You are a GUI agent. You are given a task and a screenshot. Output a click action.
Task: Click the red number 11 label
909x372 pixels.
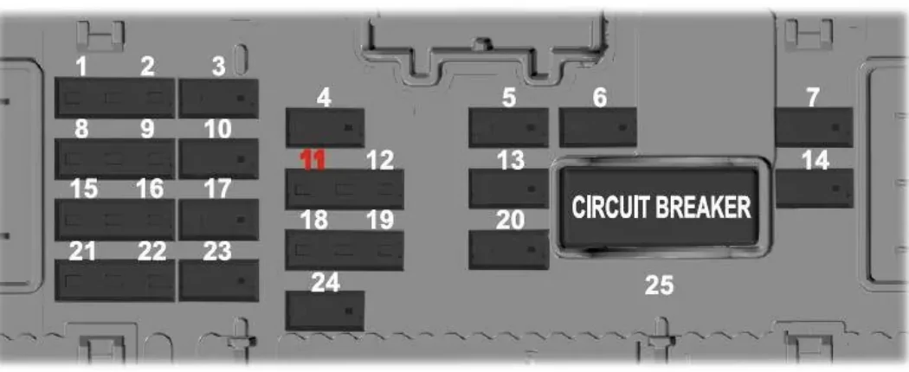point(313,160)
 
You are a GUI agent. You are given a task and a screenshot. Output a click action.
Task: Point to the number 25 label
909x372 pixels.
point(659,285)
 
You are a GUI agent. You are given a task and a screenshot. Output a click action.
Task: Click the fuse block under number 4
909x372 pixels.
point(326,127)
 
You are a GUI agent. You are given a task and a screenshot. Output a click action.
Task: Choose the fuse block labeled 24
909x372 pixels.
point(326,311)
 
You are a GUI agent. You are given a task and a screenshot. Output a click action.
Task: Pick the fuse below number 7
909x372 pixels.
point(814,127)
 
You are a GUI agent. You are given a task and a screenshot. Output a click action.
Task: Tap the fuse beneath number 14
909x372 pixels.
point(814,189)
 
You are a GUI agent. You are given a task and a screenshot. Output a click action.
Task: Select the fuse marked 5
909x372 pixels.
point(508,127)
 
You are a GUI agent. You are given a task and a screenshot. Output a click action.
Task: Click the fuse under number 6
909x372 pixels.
point(597,127)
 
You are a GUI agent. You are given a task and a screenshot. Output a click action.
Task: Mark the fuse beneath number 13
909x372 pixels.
point(508,189)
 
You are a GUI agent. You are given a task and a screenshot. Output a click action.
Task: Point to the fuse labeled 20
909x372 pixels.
point(508,250)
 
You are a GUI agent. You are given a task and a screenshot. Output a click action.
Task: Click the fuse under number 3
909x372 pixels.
point(218,99)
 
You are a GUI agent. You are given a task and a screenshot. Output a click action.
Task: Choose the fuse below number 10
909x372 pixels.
point(218,159)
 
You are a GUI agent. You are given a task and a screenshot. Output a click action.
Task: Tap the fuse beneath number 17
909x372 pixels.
point(218,220)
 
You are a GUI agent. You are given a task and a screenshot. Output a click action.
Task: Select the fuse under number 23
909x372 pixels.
point(218,280)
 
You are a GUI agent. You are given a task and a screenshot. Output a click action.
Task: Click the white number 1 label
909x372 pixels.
point(81,67)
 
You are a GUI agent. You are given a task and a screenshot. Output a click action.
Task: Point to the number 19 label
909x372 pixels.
point(380,221)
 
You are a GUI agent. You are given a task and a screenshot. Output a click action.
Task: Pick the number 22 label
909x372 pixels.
point(151,252)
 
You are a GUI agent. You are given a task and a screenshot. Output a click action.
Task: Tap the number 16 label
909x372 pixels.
point(150,189)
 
